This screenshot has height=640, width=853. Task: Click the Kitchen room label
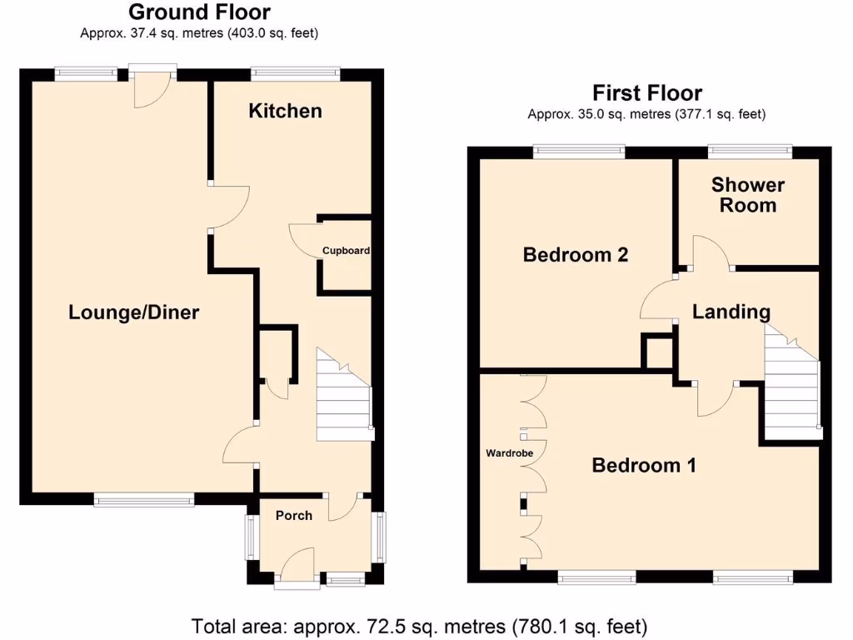pos(285,111)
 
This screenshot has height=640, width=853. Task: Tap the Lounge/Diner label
pos(134,312)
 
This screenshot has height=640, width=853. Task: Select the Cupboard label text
pos(347,250)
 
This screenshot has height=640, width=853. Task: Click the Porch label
pos(294,515)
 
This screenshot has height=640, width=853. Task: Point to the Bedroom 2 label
pos(575,255)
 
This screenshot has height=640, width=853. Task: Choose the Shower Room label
pos(748,195)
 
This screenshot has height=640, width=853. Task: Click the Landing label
pos(731,312)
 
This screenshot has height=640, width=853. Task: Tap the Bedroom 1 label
pos(643,465)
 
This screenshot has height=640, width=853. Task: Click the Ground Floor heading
pos(199,12)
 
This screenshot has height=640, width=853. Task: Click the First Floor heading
pos(646,92)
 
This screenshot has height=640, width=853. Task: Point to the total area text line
pos(419,625)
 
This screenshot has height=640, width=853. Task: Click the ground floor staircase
pos(343,397)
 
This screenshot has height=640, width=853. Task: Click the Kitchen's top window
pos(296,73)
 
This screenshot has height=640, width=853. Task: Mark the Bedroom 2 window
pos(579,151)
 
